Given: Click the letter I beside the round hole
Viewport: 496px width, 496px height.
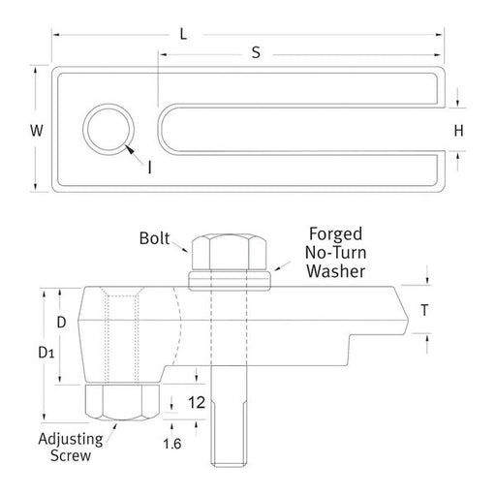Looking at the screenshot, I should (x=149, y=167).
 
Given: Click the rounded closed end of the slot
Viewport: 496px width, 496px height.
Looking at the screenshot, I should (x=165, y=130).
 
